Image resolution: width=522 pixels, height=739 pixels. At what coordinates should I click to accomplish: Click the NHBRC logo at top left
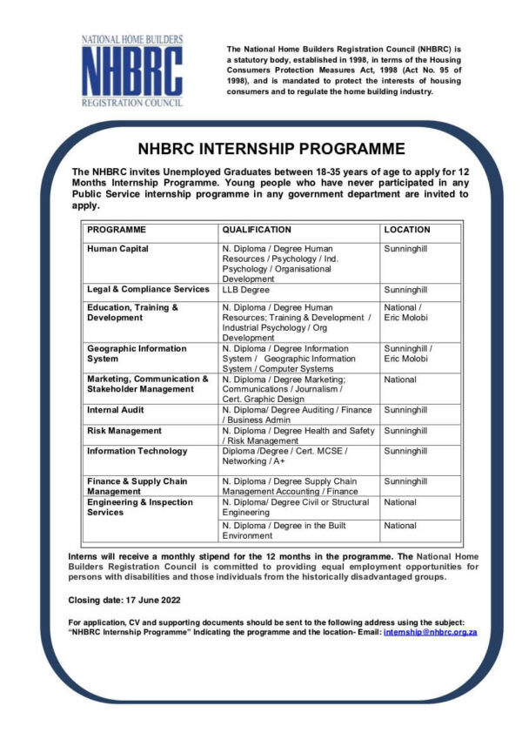[x=131, y=71]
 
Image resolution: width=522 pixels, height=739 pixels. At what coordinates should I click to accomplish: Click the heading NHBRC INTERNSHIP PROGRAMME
[x=271, y=149]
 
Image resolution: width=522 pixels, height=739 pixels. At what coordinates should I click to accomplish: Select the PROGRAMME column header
[x=117, y=230]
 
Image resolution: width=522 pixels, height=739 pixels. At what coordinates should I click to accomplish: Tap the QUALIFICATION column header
[x=257, y=230]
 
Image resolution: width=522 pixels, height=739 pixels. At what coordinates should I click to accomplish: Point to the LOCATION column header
[x=406, y=230]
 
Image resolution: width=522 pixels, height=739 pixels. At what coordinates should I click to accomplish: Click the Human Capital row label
[x=117, y=249]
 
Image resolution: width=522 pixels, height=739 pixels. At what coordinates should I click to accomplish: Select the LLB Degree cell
[x=245, y=290]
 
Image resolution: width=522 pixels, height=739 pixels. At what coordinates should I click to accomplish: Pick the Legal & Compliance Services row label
[x=148, y=289]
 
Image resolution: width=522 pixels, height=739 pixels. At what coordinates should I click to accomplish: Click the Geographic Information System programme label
[x=137, y=353]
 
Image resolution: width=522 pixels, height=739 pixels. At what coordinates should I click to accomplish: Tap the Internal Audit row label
[x=116, y=410]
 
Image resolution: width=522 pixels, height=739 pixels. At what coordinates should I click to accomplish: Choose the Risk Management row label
[x=124, y=431]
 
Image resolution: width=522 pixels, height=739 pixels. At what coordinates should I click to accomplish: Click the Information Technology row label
[x=137, y=451]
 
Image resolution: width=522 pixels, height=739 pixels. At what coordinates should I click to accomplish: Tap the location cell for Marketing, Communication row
[x=400, y=380]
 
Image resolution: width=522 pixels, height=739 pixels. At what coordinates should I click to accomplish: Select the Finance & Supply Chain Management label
[x=137, y=486]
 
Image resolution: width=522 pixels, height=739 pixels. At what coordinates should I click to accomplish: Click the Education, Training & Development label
[x=132, y=312]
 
